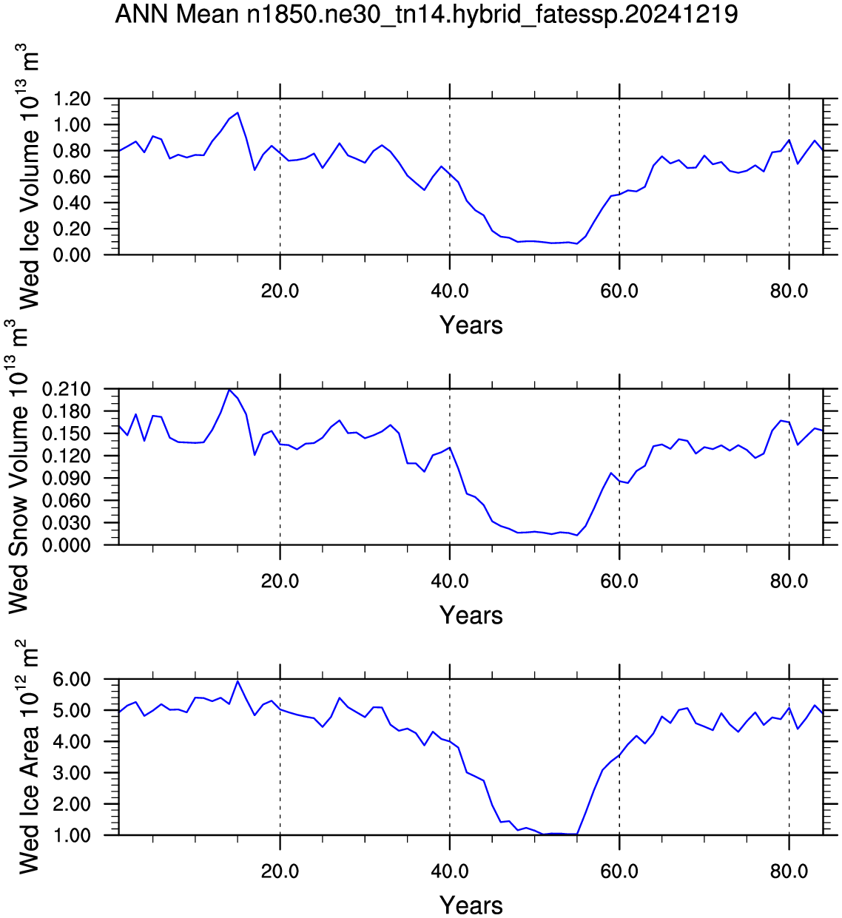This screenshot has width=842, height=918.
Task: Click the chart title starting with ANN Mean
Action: (426, 14)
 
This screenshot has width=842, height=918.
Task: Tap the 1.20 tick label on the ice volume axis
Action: (72, 99)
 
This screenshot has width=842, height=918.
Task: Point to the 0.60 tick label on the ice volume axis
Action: (72, 177)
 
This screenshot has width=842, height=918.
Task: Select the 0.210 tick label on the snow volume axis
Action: (67, 389)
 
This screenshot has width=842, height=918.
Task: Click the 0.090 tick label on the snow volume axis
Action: (67, 479)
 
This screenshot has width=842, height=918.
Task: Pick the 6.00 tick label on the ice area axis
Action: (72, 680)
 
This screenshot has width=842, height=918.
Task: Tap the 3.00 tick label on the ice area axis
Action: (72, 774)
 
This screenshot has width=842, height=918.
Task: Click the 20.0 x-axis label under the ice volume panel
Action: (280, 291)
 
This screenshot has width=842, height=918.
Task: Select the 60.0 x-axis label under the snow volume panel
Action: (619, 581)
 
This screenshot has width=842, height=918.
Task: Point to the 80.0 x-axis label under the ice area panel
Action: (789, 871)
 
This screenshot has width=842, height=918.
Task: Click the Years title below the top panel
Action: (471, 325)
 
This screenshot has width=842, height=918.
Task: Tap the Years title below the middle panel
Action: (471, 615)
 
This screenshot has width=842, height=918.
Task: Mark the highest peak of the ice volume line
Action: (238, 112)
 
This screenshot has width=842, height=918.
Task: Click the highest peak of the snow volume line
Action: (229, 389)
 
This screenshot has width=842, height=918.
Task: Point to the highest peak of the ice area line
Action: (238, 681)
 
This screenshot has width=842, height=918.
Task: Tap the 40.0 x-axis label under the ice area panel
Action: (450, 871)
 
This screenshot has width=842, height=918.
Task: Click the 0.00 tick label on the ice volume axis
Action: (72, 255)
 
